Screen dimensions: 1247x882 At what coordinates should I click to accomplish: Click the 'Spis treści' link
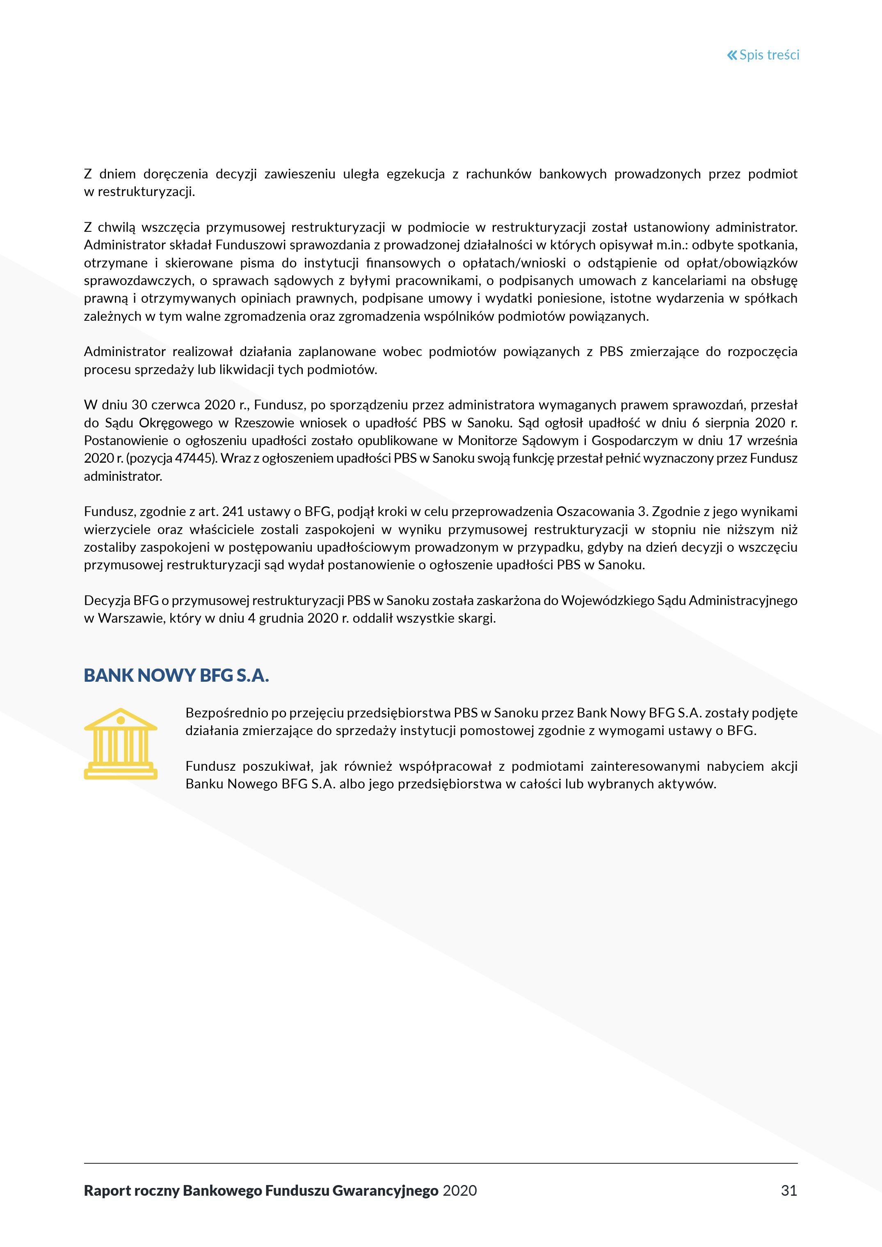click(769, 55)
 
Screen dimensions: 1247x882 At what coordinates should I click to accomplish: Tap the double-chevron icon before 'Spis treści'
click(732, 55)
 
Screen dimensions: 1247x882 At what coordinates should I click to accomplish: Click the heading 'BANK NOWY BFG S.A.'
click(176, 675)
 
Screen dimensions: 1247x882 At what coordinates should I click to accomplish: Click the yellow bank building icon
click(121, 744)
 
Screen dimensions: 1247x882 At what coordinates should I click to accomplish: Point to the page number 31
click(788, 1190)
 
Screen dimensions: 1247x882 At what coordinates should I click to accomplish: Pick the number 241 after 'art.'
click(233, 512)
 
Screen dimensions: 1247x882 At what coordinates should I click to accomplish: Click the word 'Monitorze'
click(486, 441)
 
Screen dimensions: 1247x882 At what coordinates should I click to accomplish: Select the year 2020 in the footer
click(459, 1190)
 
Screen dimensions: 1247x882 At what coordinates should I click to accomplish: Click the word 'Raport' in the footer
click(107, 1190)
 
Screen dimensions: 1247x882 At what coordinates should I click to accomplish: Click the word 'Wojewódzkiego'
click(607, 601)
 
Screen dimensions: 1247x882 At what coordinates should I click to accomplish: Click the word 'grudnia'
click(281, 618)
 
